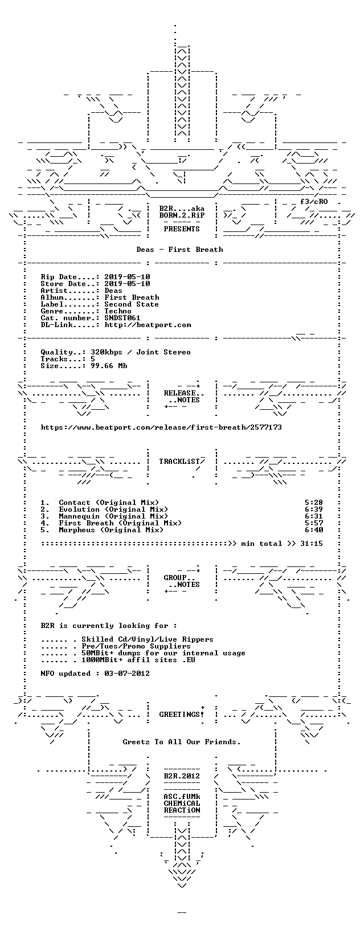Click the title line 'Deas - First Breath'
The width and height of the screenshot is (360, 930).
[x=180, y=250]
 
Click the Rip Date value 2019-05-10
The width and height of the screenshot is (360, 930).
[x=127, y=277]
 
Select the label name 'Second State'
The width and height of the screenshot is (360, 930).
[x=132, y=304]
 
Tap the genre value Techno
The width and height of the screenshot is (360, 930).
[x=118, y=311]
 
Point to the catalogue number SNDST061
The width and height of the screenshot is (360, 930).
[x=122, y=318]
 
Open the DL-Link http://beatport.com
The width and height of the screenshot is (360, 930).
[x=148, y=325]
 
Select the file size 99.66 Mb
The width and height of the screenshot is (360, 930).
[x=109, y=366]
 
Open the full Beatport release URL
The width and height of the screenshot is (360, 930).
[x=161, y=427]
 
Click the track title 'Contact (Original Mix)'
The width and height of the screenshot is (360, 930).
[x=109, y=503]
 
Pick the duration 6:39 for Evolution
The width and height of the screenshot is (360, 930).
[x=314, y=509]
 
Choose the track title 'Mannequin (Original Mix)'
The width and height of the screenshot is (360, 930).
[x=113, y=516]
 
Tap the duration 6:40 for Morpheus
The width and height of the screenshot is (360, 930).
[x=314, y=530]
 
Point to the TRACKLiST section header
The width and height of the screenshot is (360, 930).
[x=182, y=461]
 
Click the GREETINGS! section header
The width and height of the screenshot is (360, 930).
[x=182, y=715]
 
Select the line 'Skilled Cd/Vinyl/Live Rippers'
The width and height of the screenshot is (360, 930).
[x=148, y=639]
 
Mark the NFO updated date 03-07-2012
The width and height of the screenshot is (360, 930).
[x=127, y=674]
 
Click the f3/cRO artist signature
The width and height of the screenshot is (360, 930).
[x=314, y=202]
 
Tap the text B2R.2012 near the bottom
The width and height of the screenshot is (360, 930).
[x=182, y=776]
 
